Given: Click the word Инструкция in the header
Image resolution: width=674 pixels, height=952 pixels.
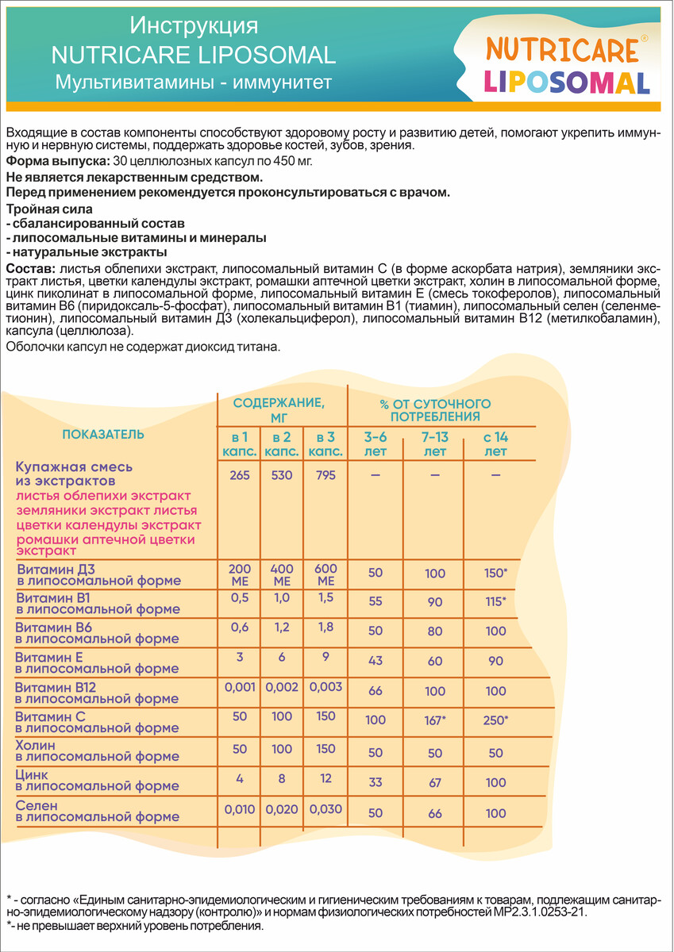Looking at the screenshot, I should click(x=194, y=27).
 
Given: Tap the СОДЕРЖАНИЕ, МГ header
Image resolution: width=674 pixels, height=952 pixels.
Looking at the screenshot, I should click(x=278, y=409).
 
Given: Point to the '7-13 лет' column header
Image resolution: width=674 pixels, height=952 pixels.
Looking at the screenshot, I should click(x=434, y=444).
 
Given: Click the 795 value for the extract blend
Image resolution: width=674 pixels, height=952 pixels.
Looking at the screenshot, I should click(x=325, y=475).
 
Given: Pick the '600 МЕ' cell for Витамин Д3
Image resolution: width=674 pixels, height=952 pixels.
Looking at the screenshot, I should click(x=325, y=574).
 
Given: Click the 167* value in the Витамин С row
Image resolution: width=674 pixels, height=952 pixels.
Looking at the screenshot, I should click(x=434, y=720).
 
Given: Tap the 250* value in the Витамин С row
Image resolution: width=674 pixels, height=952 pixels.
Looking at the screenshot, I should click(x=495, y=720).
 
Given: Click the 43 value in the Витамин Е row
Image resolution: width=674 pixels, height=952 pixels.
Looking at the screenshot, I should click(x=376, y=661).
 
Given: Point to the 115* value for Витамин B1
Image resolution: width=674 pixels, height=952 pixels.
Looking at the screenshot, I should click(x=495, y=602).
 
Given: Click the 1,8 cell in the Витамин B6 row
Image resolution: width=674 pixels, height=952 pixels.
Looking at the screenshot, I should click(x=325, y=631).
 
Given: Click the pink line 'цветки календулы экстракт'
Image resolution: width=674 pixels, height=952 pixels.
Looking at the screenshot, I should click(x=109, y=525).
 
